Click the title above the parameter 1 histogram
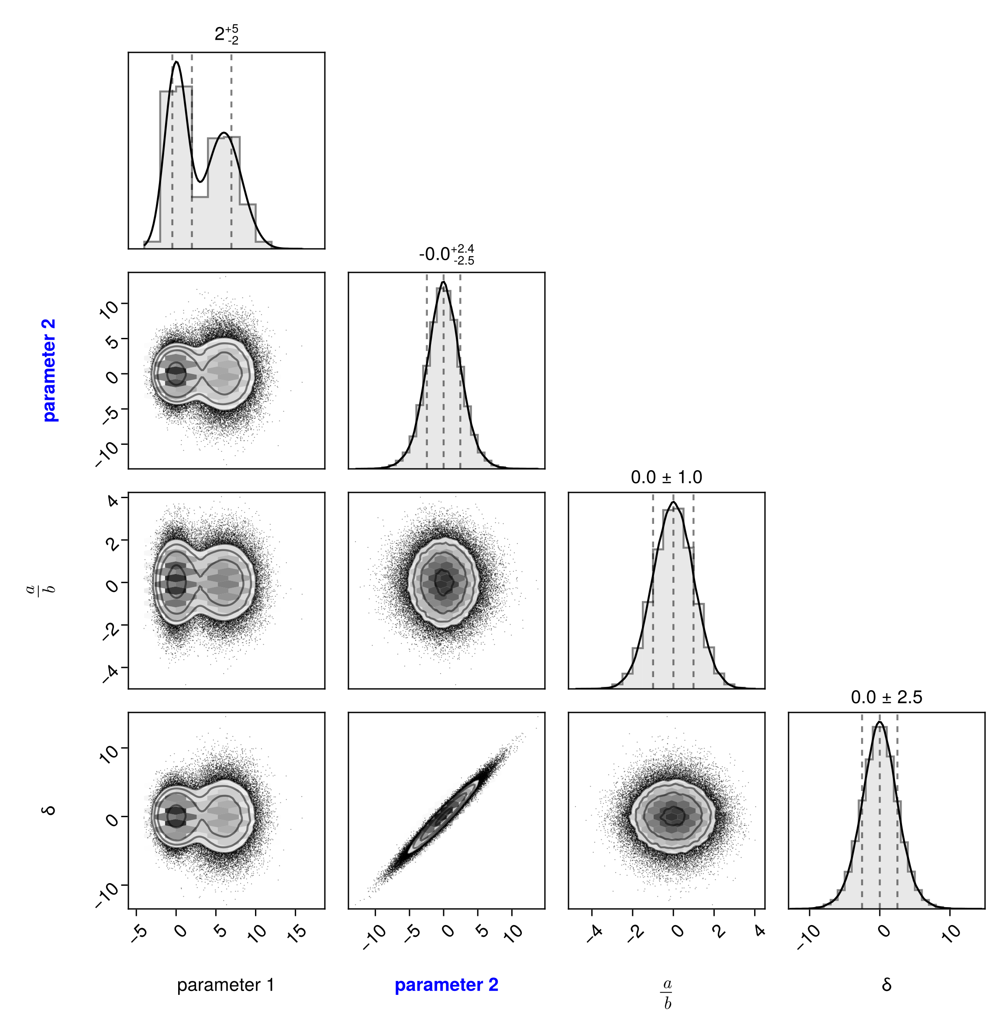coord(226,35)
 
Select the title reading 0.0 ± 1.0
coord(666,478)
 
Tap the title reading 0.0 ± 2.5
coord(886,698)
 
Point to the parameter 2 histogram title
coord(447,255)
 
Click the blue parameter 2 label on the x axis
coord(447,985)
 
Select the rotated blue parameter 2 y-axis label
coord(50,370)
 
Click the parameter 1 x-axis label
coord(226,985)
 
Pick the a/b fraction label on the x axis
coord(667,993)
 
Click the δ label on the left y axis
coord(50,810)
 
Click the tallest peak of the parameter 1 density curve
coord(176,62)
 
